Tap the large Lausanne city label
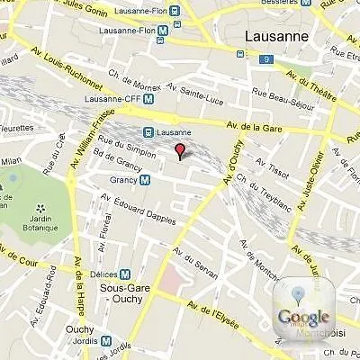coord(276,37)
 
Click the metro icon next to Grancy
coord(146,180)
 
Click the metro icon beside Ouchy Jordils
coord(108,341)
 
